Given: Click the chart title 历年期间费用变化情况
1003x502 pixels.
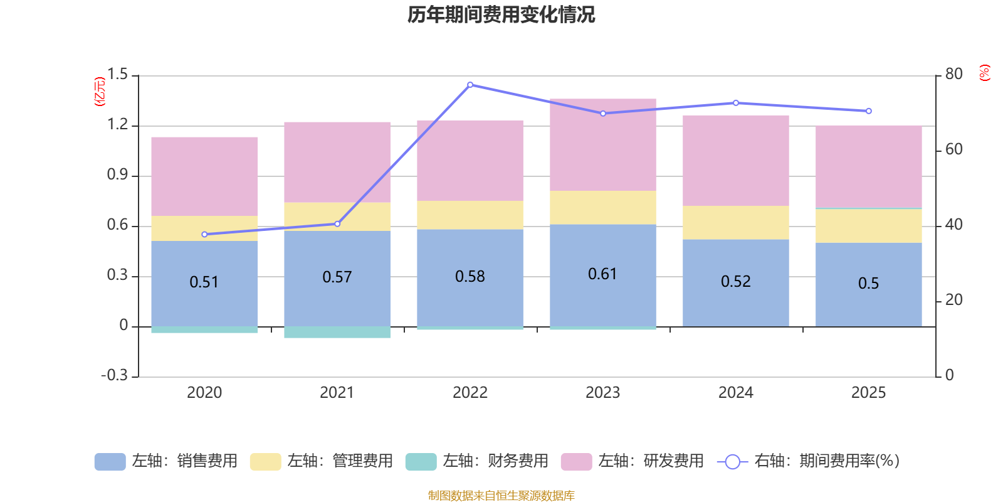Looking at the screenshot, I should pos(501,14).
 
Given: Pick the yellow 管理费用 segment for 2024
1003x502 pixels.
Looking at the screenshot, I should pos(735,222).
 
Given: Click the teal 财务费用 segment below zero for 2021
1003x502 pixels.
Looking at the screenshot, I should pos(337,332).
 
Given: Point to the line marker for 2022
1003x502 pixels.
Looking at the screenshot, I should pos(470,85).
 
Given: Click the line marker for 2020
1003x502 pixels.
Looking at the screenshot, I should pos(204,235).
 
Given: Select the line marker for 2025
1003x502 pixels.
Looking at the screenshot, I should pos(868,111).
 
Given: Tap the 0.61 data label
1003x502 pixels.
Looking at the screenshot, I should pos(602,274).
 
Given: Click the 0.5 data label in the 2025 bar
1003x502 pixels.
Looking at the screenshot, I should pos(868,284).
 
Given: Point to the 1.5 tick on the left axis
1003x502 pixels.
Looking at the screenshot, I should pos(117,75).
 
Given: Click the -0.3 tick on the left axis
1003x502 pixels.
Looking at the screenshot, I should pos(114,375).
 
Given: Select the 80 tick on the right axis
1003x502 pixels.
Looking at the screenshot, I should pos(953,74).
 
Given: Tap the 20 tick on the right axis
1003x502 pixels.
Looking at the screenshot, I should pos(953,300).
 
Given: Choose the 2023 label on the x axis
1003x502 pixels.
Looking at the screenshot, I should pos(602,393).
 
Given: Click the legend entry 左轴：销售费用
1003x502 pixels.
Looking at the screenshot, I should pos(166,461).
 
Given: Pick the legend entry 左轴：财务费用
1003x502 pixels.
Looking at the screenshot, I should pos(476,461).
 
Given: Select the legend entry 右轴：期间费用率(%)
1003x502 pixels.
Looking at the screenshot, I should pos(809,461).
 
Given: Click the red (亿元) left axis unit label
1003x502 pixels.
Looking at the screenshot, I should pos(99,92).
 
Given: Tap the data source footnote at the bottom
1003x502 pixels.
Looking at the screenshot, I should pos(501,496).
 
